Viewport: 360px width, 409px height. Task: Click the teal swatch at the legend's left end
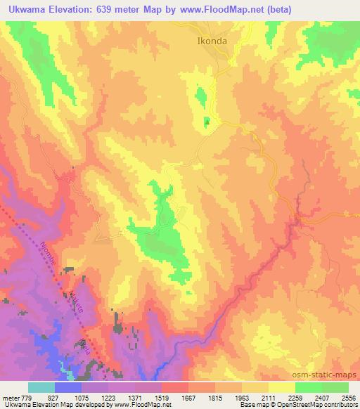coord(41,387)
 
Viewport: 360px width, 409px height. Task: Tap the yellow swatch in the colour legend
coord(281,387)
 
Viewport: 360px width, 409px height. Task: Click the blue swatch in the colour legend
coord(68,387)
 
